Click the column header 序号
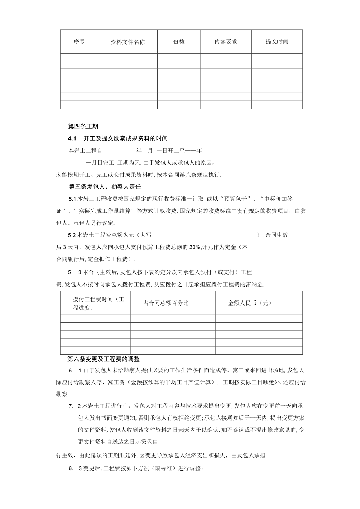point(79,42)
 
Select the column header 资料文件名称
point(128,42)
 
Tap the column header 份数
point(179,42)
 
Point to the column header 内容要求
point(226,42)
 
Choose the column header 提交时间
point(277,42)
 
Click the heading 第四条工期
point(83,126)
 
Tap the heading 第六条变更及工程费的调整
point(104,358)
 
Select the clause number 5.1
point(72,199)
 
